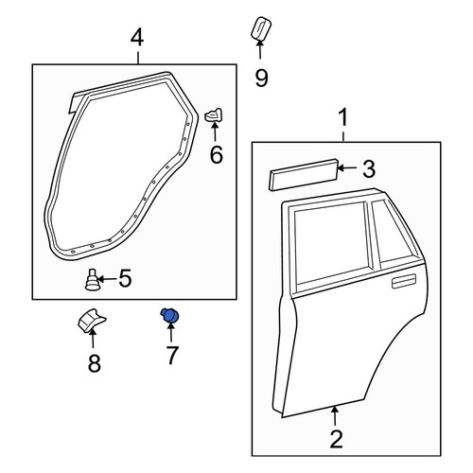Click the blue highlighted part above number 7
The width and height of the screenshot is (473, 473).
pyautogui.click(x=170, y=316)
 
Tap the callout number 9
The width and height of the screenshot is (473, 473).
pyautogui.click(x=261, y=79)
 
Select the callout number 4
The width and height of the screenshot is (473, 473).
pyautogui.click(x=137, y=39)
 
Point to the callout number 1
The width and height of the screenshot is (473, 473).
pyautogui.click(x=343, y=117)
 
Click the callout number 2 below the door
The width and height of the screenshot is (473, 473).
pyautogui.click(x=336, y=439)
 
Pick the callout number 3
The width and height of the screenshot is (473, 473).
pyautogui.click(x=369, y=168)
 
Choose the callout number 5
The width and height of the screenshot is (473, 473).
pyautogui.click(x=125, y=278)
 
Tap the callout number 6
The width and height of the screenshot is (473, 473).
pyautogui.click(x=217, y=154)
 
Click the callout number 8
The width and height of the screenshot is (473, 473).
pyautogui.click(x=95, y=363)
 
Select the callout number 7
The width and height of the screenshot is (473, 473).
pyautogui.click(x=172, y=355)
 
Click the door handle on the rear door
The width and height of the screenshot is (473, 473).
pyautogui.click(x=404, y=281)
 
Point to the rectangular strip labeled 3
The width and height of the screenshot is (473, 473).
pyautogui.click(x=304, y=175)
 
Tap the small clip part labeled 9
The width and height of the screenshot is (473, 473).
pyautogui.click(x=261, y=28)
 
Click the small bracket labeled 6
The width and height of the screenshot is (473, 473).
pyautogui.click(x=214, y=114)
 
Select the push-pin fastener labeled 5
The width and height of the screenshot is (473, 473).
pyautogui.click(x=92, y=280)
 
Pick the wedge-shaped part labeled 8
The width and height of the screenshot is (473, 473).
pyautogui.click(x=91, y=320)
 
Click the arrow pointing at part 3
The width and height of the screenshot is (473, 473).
pyautogui.click(x=348, y=168)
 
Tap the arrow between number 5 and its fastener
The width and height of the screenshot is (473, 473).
pyautogui.click(x=107, y=279)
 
